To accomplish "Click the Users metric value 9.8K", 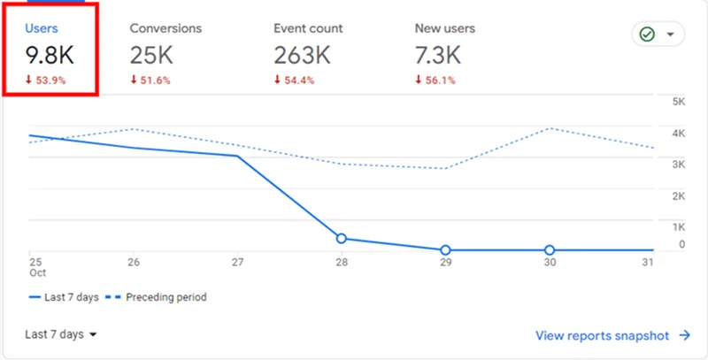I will coord(50,55).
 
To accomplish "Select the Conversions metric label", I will coord(165,28).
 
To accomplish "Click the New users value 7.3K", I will coord(438,55).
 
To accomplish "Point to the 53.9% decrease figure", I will coord(49,80).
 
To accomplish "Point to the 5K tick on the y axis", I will coord(680,102).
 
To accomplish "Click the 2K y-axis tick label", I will coord(680,195).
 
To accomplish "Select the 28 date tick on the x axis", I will coord(341,263).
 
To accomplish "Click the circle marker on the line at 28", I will coord(341,238).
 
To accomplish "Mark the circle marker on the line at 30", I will coord(550,250).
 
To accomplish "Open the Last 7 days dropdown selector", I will coord(60,334).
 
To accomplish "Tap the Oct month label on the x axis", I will coord(36,273).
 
